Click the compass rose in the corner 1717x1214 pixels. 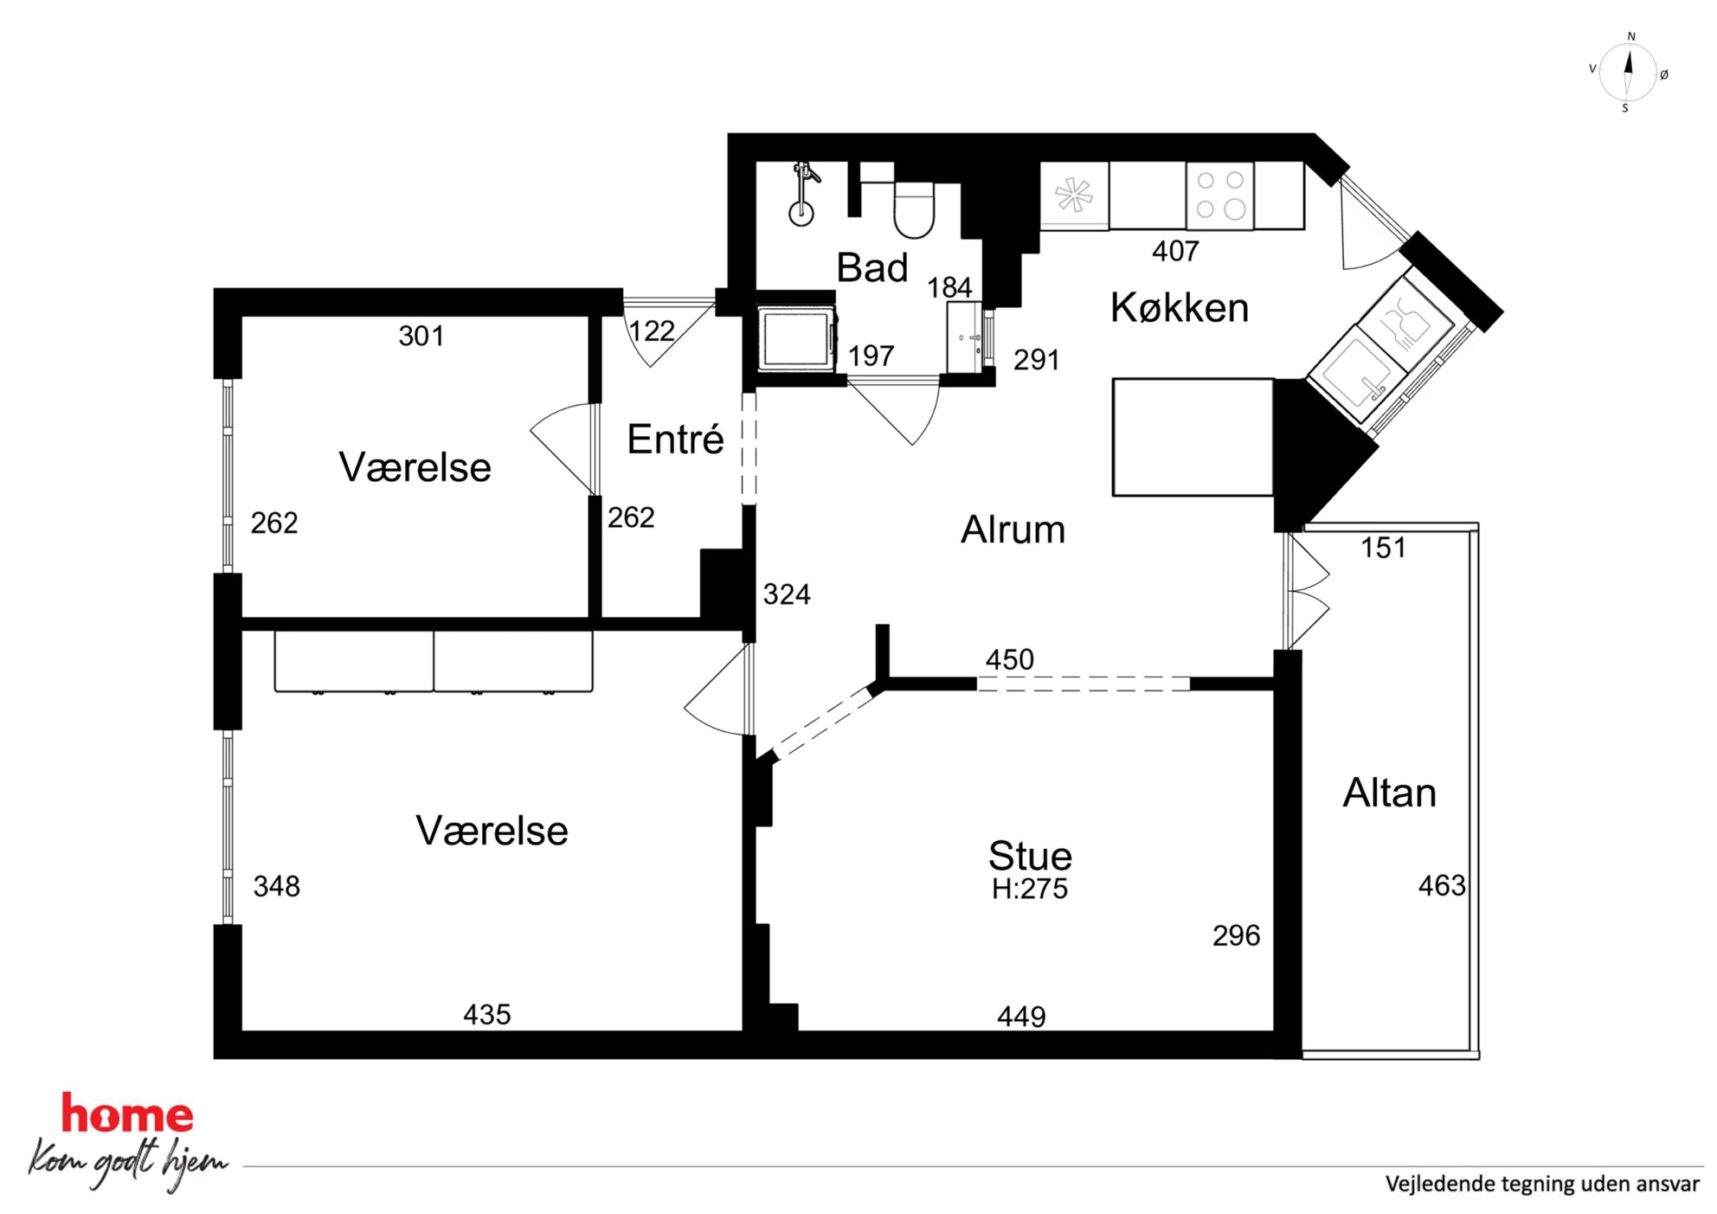click(1628, 73)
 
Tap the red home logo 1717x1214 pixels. click(127, 1115)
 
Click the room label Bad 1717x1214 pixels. click(871, 267)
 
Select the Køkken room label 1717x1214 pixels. click(1180, 307)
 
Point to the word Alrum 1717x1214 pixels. click(1013, 529)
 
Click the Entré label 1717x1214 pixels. click(675, 439)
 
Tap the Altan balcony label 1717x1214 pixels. click(1389, 793)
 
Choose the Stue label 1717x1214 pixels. click(1030, 856)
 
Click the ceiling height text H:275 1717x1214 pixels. click(1030, 889)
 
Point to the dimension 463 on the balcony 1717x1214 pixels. click(1442, 885)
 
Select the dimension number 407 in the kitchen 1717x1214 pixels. click(1175, 251)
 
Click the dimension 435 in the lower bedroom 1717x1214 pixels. click(487, 1014)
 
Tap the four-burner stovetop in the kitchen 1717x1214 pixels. click(1219, 196)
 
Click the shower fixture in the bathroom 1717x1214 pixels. click(803, 193)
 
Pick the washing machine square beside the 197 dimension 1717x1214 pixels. click(796, 339)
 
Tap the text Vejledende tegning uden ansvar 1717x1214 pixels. click(1542, 1184)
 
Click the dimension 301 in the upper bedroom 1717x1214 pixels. click(421, 336)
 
